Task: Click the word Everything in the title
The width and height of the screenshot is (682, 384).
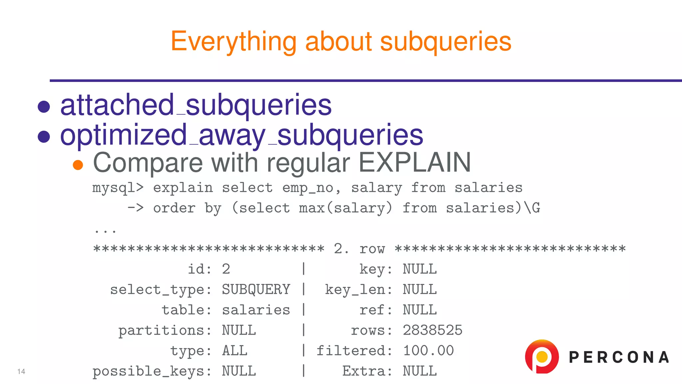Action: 233,42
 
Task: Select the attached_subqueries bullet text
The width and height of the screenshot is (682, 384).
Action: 196,105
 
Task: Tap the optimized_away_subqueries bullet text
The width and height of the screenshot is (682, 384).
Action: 241,135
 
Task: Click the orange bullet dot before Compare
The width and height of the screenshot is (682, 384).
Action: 78,165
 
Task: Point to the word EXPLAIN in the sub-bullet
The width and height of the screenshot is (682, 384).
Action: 414,163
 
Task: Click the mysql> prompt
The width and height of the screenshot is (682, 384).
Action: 118,188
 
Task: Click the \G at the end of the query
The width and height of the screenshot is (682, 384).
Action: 531,208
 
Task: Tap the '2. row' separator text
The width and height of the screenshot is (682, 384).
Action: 359,249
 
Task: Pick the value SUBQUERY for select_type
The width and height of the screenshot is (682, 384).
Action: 256,289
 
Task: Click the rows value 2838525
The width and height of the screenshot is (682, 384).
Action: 432,330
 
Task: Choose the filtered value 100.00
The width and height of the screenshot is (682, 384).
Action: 428,351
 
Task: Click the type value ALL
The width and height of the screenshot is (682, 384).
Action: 234,351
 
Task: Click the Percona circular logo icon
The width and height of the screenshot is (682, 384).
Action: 541,356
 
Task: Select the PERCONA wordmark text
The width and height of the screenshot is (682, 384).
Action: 619,357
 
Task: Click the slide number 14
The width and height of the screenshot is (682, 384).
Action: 21,371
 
